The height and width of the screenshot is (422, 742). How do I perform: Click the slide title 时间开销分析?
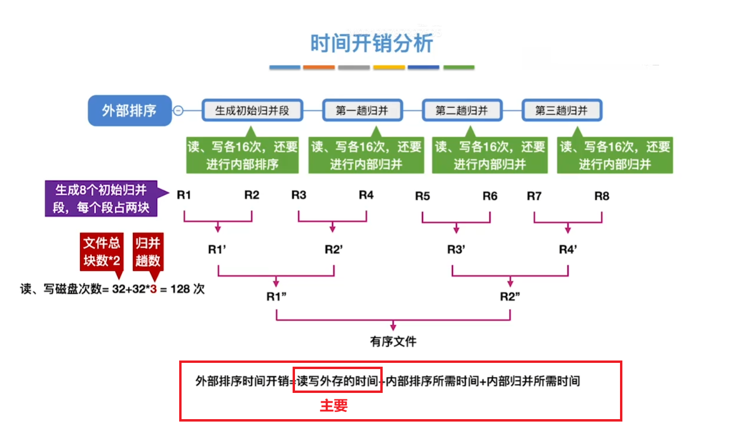coord(371,43)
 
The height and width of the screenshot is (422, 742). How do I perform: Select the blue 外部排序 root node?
coord(130,111)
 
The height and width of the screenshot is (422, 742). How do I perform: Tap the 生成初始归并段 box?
coord(252,111)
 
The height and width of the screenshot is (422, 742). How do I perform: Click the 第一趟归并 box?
coord(362,111)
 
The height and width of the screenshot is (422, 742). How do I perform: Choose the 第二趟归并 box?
coord(462,111)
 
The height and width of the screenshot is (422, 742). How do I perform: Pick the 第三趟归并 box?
coord(562,111)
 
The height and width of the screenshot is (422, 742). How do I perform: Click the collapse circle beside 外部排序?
coord(178,111)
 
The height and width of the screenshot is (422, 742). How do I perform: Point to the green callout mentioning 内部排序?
coord(242,155)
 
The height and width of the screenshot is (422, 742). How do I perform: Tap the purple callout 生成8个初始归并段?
coord(101,199)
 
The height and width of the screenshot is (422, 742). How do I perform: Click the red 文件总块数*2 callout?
coord(102,252)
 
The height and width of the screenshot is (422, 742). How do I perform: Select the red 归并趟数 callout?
coord(148,252)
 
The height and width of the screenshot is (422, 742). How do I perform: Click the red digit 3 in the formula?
coord(153,289)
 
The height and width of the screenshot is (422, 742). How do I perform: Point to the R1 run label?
coord(183,195)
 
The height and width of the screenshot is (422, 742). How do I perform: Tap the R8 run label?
coord(601,196)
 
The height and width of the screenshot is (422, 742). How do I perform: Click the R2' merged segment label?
coord(334,249)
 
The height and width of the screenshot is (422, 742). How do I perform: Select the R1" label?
coord(276,297)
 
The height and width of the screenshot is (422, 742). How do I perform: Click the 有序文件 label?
coord(393,341)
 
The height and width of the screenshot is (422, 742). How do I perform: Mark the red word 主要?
coord(334,406)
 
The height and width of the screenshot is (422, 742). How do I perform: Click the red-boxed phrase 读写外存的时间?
coord(337,381)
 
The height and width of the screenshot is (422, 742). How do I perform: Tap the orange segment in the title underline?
coord(319,68)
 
